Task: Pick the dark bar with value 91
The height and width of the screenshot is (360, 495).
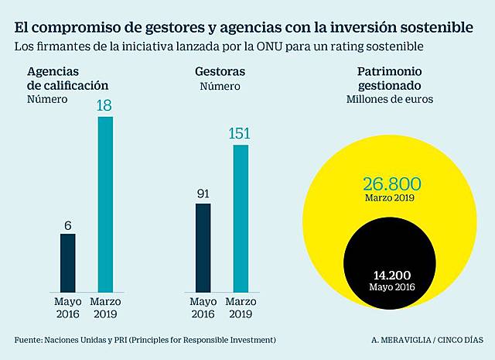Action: [x=203, y=245]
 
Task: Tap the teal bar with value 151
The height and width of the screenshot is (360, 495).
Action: [x=241, y=216]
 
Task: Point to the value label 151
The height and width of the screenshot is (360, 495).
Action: [x=241, y=134]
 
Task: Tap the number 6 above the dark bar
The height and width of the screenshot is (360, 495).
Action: [x=67, y=225]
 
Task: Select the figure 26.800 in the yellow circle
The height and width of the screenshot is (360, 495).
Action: [x=391, y=183]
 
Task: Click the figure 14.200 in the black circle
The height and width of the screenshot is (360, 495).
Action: [x=391, y=275]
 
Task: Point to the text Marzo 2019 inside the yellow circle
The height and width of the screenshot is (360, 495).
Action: [x=391, y=198]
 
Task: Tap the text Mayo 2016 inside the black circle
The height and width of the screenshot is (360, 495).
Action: [x=391, y=287]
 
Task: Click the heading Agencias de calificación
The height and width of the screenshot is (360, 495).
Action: [x=67, y=78]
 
